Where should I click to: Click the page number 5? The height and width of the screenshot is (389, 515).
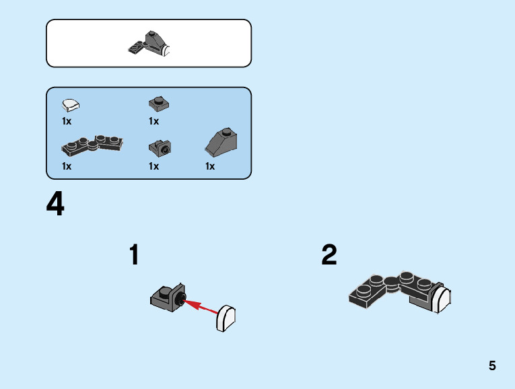pos(492,366)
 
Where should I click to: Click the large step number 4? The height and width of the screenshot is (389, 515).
pos(55,205)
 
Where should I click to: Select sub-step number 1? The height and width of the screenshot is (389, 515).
pos(135,255)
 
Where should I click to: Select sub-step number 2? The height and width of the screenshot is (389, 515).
pos(329,255)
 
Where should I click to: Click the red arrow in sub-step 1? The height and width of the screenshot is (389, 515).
pos(202,307)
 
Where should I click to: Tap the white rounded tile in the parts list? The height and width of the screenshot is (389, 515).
pos(70,104)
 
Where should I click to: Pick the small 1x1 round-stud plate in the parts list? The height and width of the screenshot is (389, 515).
pos(159,103)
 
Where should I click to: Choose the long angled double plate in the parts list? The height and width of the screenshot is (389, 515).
pos(92,143)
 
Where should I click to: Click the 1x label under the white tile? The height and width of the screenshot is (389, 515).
pos(67,122)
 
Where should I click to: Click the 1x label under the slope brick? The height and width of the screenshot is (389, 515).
pos(210,166)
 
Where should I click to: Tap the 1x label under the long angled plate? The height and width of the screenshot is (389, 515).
pos(67,166)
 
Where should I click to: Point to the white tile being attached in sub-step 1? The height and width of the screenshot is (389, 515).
pos(226,318)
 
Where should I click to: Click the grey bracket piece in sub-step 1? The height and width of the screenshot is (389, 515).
pos(166,296)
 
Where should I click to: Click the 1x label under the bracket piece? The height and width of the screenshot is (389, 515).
pos(154,166)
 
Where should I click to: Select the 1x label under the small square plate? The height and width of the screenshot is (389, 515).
pos(154,122)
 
